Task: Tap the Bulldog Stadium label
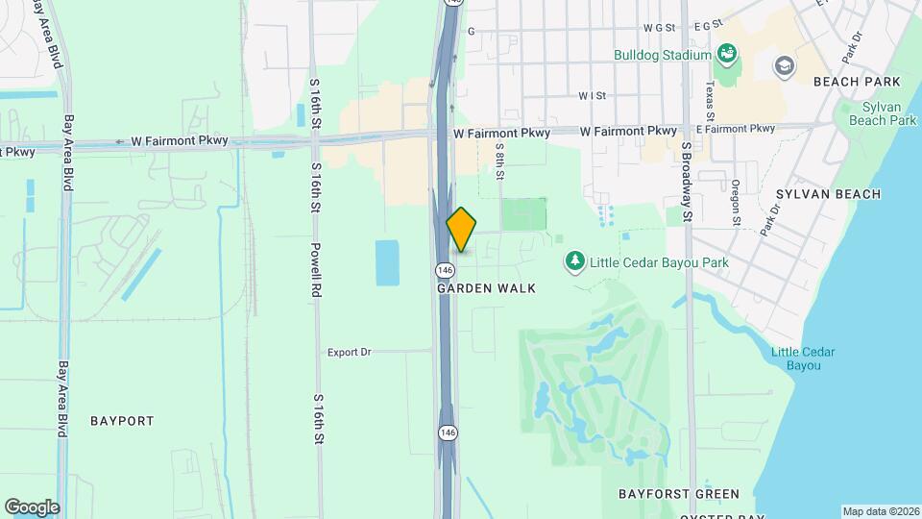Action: (x=663, y=55)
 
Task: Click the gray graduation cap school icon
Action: (x=785, y=66)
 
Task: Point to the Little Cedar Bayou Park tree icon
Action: (x=575, y=261)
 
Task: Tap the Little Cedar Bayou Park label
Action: (x=658, y=262)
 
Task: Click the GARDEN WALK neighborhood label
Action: (x=486, y=288)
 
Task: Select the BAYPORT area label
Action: (x=122, y=421)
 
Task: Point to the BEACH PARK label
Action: (x=848, y=83)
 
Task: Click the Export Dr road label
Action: (x=349, y=352)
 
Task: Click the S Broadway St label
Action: (x=687, y=182)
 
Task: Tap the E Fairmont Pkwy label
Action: (x=736, y=129)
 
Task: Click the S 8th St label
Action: (x=500, y=161)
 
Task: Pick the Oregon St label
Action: (x=736, y=203)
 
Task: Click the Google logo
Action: (x=32, y=507)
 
